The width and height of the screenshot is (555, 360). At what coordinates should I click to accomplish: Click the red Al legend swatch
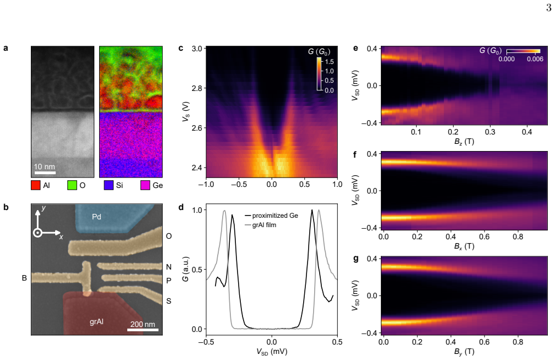(x=35, y=185)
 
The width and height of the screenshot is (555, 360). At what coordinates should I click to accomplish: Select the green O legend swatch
(x=72, y=185)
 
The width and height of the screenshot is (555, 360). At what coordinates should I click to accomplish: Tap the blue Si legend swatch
(x=109, y=185)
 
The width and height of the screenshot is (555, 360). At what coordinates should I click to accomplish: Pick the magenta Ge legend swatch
(x=145, y=185)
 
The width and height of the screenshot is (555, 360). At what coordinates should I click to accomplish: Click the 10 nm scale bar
(x=45, y=173)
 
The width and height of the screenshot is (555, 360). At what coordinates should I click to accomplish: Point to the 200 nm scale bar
(x=143, y=330)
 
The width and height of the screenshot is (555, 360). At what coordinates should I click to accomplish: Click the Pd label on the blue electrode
(x=96, y=217)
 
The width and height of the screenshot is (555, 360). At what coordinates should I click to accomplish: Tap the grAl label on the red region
(x=96, y=321)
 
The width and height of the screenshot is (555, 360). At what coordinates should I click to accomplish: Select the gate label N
(x=169, y=267)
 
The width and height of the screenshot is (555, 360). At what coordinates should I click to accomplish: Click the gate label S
(x=169, y=301)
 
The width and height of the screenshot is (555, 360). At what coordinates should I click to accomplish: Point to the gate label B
(x=24, y=278)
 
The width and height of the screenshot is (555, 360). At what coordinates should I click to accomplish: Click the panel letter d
(x=181, y=207)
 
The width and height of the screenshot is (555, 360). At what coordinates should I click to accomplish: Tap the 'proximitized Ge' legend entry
(x=275, y=216)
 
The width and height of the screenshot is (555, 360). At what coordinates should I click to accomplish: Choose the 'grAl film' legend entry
(x=264, y=225)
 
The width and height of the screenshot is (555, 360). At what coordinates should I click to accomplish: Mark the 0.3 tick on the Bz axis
(x=490, y=132)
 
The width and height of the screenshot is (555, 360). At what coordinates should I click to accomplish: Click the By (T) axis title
(x=464, y=352)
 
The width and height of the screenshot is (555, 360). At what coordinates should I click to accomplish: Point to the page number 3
(x=548, y=8)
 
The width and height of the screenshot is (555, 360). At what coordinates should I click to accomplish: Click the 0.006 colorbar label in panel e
(x=535, y=59)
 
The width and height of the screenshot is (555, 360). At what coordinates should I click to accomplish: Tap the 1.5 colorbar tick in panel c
(x=329, y=62)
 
